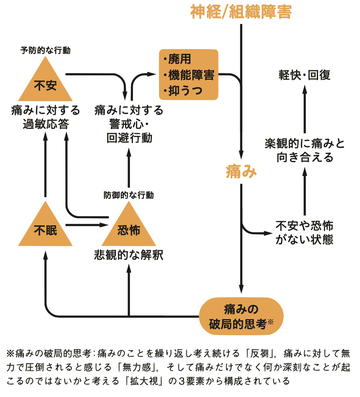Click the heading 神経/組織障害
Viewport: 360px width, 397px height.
point(241,12)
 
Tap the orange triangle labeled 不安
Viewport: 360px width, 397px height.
point(45,84)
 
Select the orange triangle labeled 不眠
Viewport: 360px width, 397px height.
point(45,229)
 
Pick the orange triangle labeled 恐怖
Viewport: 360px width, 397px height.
point(128,229)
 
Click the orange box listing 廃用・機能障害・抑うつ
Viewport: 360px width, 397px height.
point(189,75)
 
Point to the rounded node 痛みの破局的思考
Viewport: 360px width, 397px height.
point(241,316)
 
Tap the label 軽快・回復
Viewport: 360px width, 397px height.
point(305,75)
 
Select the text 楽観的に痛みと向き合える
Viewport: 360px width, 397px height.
point(305,150)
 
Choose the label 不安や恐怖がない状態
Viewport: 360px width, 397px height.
point(304,232)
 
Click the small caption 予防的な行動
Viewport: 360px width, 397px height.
point(45,50)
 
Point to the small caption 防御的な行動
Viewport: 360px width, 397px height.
point(128,195)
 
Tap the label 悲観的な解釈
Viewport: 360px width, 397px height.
point(128,255)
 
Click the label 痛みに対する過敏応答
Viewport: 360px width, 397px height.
point(45,117)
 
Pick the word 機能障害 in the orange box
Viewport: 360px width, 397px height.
point(191,75)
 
